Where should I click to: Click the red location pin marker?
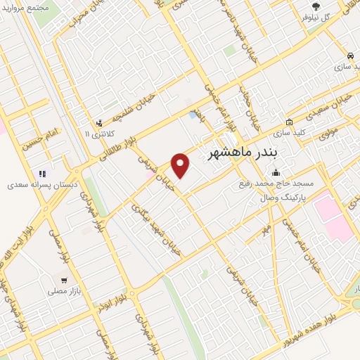[181, 165]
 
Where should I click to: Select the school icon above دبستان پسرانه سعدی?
[41, 174]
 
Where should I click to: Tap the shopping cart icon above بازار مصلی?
[63, 278]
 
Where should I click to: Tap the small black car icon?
[349, 55]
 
